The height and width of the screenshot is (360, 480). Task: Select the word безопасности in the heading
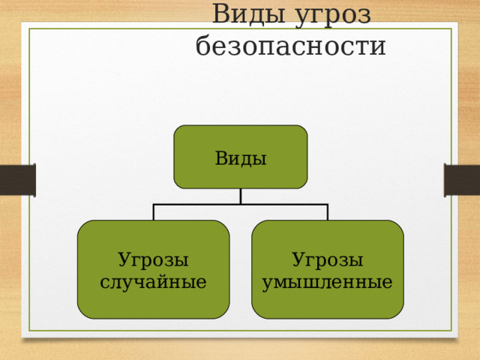pos(290,46)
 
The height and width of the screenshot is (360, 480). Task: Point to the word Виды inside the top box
pos(241,158)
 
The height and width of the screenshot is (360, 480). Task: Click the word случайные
pos(153,283)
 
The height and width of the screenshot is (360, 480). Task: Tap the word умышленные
pos(328,283)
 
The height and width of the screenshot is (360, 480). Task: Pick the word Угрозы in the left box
pos(153,260)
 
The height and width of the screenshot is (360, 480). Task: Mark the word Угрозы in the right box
pos(328,260)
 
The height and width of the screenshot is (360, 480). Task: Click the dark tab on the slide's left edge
pos(17,180)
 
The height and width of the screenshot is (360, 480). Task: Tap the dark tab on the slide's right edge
pos(462,180)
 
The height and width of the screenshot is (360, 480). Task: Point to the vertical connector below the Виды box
pos(241,196)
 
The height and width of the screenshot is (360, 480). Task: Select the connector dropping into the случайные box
pos(154,211)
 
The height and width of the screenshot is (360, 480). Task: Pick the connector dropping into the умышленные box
pos(328,211)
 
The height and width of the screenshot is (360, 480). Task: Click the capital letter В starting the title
pos(220,15)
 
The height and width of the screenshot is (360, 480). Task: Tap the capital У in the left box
pos(124,260)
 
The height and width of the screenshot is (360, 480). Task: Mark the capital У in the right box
pos(298,260)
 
